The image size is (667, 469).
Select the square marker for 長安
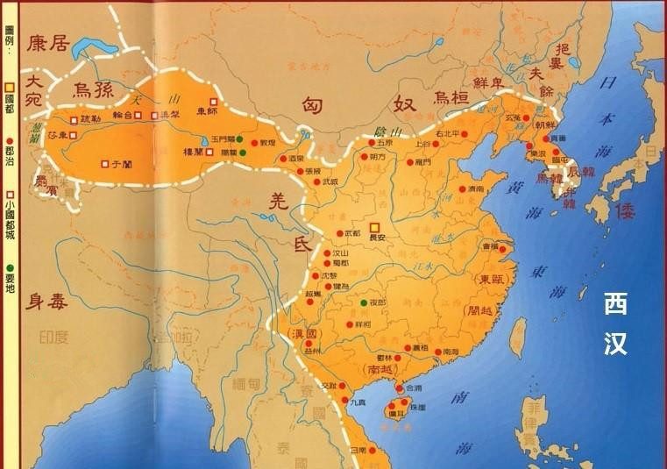pyautogui.click(x=375, y=226)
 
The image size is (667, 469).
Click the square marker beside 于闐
pyautogui.click(x=105, y=163)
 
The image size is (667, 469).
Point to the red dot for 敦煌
pyautogui.click(x=255, y=142)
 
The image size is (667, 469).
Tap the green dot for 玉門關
pyautogui.click(x=239, y=139)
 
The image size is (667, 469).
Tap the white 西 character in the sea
pyautogui.click(x=615, y=304)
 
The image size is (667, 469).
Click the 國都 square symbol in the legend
pyautogui.click(x=9, y=88)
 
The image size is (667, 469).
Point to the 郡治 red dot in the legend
pyautogui.click(x=9, y=139)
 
